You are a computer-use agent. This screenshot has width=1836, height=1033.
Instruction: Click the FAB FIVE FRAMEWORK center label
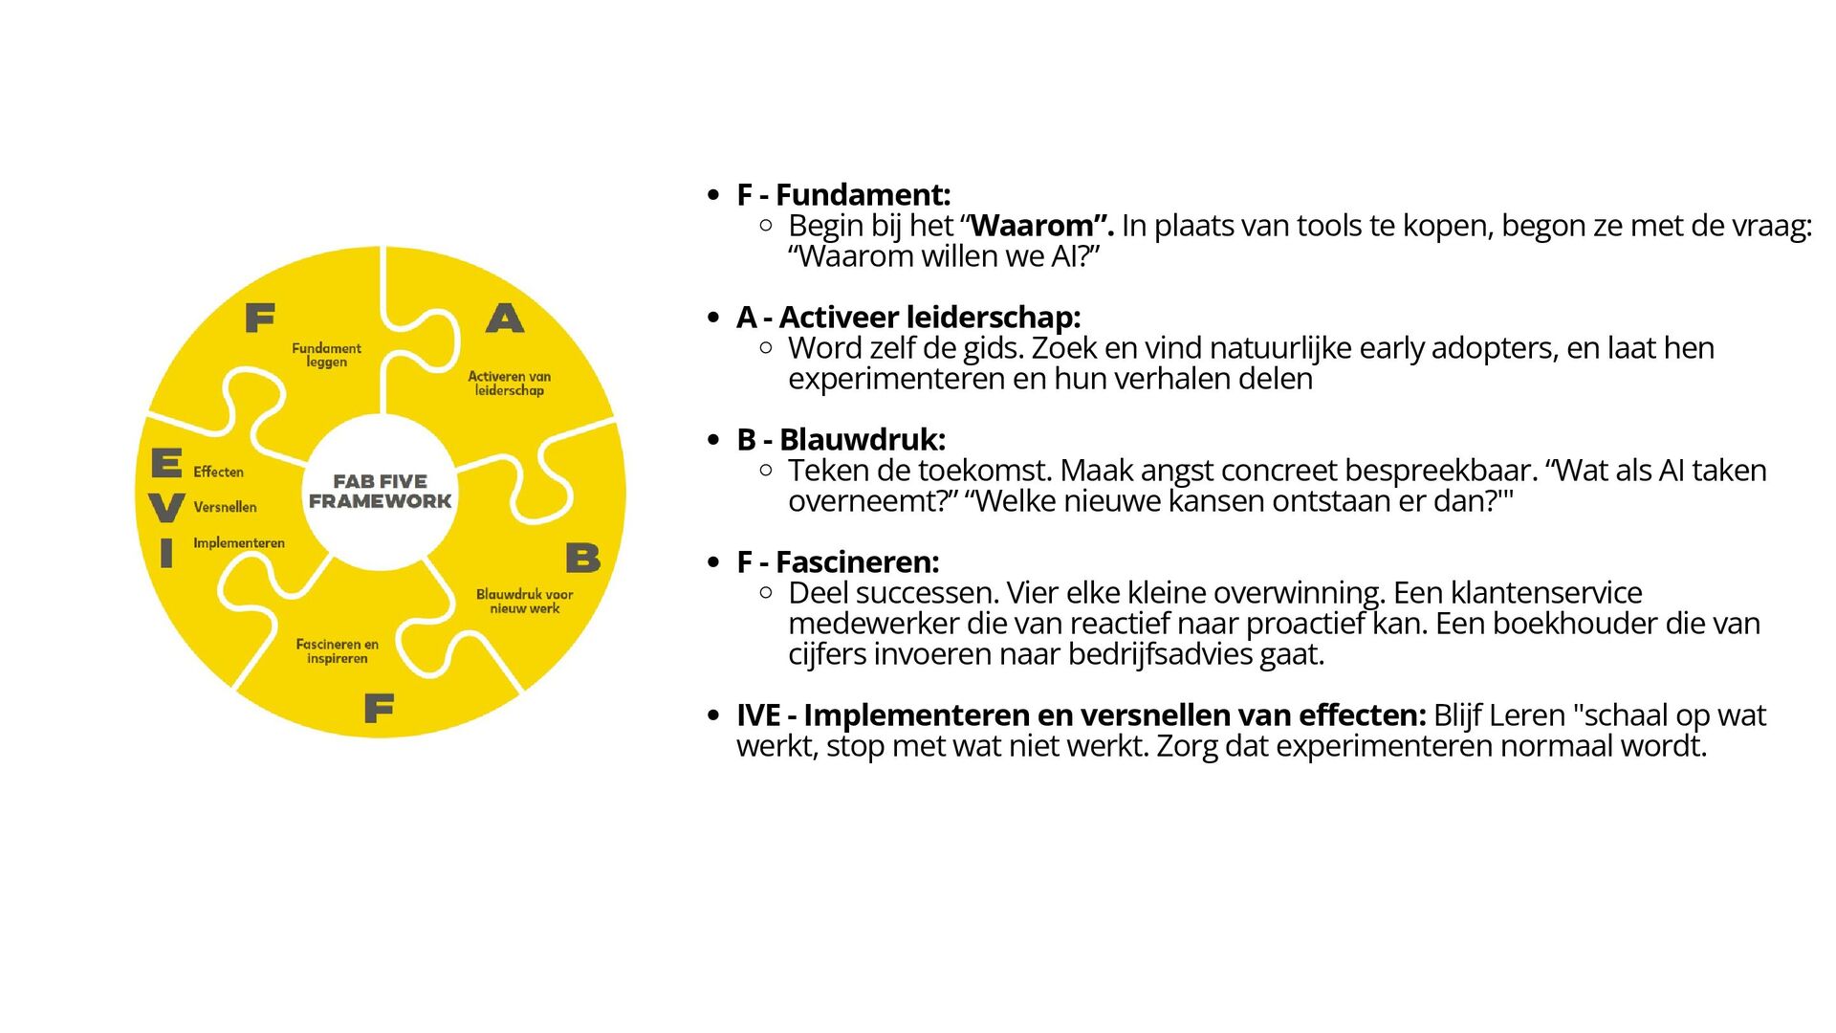[380, 491]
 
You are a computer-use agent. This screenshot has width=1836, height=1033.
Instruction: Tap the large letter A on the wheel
[505, 318]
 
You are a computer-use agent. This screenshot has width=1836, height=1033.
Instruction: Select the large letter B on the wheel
[582, 558]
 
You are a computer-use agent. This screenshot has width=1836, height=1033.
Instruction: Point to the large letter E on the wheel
[166, 463]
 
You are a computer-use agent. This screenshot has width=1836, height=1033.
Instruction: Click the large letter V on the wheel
[167, 507]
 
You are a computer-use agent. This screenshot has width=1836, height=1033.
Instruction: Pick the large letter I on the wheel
[166, 553]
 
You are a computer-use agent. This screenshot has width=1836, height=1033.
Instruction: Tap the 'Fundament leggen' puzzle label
[326, 355]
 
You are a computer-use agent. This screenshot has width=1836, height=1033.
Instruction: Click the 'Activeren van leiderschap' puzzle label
[509, 383]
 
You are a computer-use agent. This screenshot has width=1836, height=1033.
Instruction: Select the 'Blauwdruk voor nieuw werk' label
[524, 601]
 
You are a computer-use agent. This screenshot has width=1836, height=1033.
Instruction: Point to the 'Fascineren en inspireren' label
[337, 651]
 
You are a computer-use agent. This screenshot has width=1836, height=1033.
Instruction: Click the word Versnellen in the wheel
[225, 507]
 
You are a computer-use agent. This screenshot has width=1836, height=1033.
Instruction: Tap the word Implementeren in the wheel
[239, 543]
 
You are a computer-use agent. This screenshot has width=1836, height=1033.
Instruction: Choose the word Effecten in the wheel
[218, 472]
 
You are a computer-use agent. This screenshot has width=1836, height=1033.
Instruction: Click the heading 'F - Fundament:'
[842, 194]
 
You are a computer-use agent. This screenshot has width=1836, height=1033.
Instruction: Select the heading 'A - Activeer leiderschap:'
[907, 317]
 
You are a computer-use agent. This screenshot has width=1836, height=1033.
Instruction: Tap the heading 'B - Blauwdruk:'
[841, 439]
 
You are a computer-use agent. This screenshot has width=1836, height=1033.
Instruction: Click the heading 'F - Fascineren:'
[838, 561]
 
